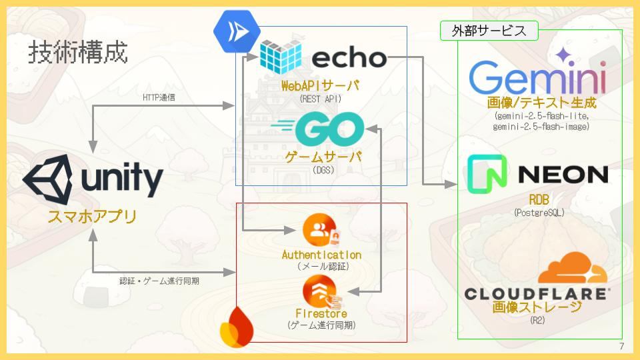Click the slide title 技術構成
(78, 52)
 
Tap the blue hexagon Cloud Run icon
(237, 31)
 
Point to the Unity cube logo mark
(48, 179)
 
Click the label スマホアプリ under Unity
(92, 216)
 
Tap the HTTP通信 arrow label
(159, 97)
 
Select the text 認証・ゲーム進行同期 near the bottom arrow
(159, 281)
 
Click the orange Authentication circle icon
(321, 230)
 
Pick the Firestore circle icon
(321, 292)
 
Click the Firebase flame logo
(237, 327)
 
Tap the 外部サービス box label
(489, 31)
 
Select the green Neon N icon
(487, 174)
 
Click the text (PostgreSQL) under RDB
(539, 213)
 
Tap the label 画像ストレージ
(537, 307)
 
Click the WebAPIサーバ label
(321, 86)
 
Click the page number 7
(621, 347)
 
